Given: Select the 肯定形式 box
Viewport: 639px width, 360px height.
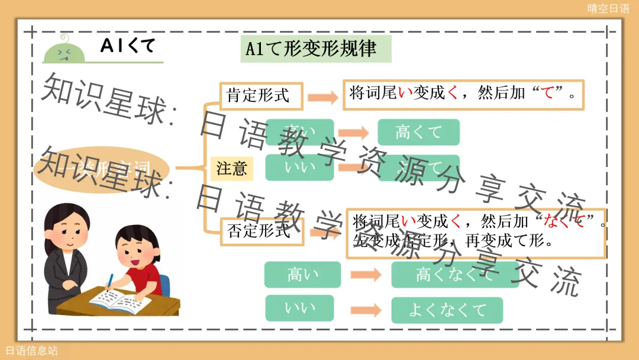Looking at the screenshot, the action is (x=261, y=96).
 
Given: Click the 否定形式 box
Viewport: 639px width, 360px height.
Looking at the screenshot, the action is (x=261, y=231).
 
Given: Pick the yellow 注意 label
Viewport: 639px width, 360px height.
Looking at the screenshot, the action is (x=231, y=169).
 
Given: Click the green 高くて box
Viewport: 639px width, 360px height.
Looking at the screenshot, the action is (x=418, y=132).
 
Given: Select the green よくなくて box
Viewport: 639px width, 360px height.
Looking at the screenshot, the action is (x=447, y=310).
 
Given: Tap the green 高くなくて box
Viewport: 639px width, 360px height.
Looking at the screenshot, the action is (x=454, y=275).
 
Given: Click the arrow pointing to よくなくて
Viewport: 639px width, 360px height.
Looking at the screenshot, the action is (x=365, y=310).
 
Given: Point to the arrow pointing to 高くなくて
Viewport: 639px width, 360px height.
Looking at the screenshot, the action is (x=365, y=275).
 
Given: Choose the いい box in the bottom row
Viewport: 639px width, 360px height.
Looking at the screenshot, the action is (x=300, y=308).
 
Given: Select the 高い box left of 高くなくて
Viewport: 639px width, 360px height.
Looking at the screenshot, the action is (x=302, y=275).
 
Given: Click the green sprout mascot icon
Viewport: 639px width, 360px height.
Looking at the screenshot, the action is (x=64, y=50).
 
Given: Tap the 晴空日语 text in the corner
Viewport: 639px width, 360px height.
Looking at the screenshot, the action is (x=608, y=8).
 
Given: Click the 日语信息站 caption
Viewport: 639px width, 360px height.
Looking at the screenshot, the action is (x=32, y=351).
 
